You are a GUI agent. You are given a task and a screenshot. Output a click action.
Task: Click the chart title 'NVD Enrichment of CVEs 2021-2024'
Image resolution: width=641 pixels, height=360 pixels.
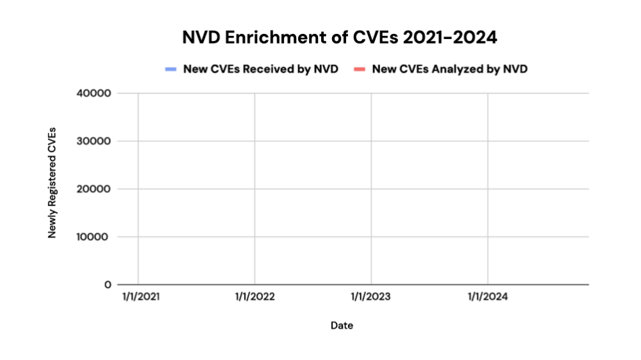(x=340, y=38)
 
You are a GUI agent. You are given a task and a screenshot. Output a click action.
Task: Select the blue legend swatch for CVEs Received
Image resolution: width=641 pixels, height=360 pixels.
(x=171, y=69)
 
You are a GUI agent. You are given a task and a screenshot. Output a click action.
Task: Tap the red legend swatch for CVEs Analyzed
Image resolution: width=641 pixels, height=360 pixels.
(x=360, y=69)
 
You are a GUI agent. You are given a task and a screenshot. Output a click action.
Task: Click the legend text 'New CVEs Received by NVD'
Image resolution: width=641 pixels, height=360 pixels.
(x=260, y=69)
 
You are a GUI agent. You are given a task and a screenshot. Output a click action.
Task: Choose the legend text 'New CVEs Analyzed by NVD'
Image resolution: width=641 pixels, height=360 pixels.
(x=449, y=69)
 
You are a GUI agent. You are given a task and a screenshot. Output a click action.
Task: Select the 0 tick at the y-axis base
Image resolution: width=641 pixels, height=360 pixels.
(x=108, y=284)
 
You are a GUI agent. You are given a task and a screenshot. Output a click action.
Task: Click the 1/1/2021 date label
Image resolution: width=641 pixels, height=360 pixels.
(x=138, y=297)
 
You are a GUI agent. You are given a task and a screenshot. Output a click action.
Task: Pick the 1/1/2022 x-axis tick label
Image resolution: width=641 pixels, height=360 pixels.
(x=255, y=297)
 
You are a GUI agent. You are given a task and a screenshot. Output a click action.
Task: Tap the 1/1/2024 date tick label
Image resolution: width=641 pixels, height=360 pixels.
(x=488, y=297)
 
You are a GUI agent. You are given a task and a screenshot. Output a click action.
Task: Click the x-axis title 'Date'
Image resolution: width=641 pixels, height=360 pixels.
(x=342, y=325)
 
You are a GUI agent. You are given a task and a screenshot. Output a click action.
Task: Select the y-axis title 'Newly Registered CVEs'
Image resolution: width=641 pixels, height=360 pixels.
(x=53, y=183)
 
